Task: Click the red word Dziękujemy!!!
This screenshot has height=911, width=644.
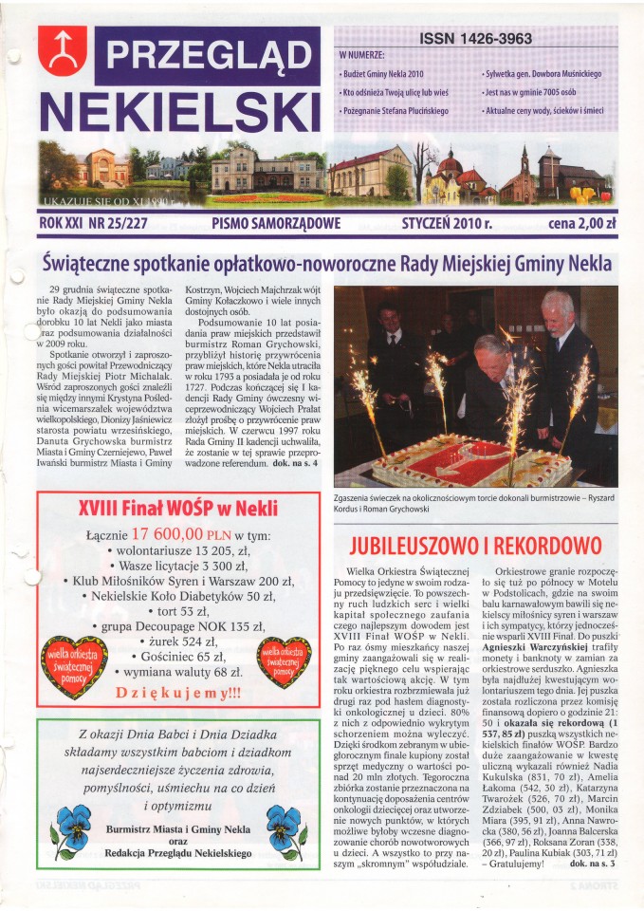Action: click(x=173, y=692)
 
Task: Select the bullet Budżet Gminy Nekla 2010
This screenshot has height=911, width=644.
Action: click(x=382, y=73)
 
